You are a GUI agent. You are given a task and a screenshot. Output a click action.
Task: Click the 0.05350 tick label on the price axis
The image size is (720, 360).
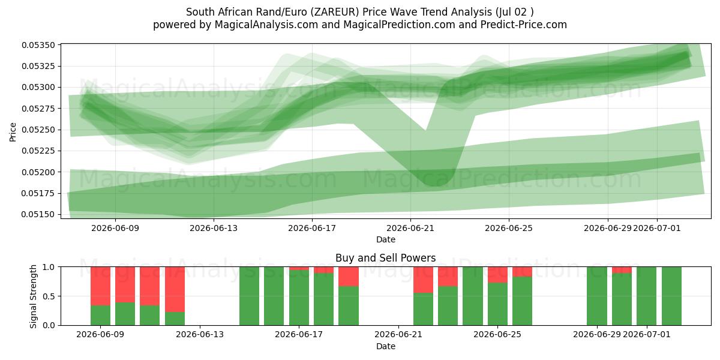(x=38, y=45)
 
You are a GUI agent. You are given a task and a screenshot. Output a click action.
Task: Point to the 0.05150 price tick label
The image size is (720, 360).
(x=38, y=214)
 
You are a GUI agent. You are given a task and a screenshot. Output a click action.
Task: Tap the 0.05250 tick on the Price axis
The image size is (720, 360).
(x=38, y=130)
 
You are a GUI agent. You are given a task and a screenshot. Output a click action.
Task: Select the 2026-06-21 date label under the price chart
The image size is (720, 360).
(x=410, y=228)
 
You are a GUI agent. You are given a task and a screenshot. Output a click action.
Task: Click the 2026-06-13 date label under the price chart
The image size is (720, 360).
(x=214, y=228)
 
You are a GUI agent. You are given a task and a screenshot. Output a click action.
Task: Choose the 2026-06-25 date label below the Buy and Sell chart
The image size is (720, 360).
(x=497, y=335)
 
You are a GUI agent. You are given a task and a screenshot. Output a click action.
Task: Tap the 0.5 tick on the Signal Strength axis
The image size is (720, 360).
(x=49, y=296)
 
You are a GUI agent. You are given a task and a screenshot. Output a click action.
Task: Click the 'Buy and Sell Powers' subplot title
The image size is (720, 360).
(x=386, y=258)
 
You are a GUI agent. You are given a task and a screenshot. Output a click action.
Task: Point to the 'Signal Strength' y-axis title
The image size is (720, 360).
(x=34, y=296)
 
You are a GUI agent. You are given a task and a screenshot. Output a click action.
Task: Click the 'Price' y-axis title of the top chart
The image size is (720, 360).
(x=13, y=132)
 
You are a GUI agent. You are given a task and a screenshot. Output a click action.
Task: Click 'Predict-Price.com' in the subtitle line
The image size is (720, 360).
(x=524, y=25)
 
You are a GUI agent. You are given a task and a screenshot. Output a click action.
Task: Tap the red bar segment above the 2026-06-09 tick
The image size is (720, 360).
(x=101, y=286)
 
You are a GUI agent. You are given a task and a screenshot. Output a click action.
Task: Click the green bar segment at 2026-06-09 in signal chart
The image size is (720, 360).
(x=101, y=316)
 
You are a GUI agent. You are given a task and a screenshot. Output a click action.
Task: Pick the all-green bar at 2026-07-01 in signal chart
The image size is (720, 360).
(x=646, y=296)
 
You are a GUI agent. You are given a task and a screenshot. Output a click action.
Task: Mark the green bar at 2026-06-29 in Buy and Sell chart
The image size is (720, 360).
(x=597, y=296)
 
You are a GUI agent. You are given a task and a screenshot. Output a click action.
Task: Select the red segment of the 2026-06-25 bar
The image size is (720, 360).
(x=497, y=275)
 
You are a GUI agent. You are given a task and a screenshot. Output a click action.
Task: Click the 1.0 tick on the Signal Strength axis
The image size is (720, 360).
(x=49, y=267)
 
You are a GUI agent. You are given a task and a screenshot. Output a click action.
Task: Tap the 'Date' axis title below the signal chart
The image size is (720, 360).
(x=386, y=347)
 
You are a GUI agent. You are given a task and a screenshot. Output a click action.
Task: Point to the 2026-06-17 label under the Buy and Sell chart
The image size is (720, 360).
(x=299, y=335)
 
